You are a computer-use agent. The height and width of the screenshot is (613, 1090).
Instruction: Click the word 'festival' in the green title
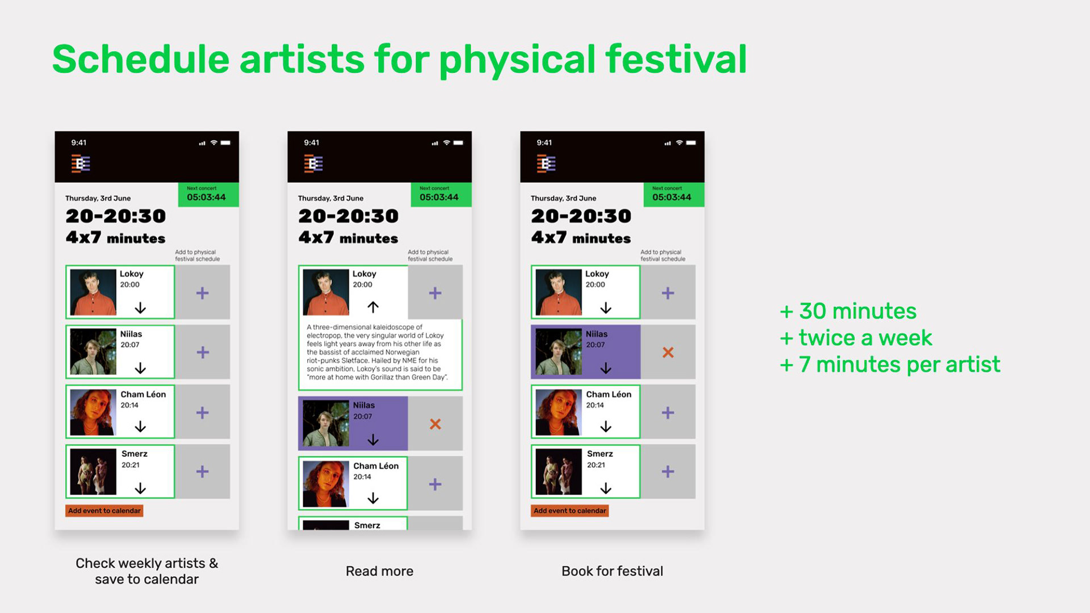click(x=676, y=59)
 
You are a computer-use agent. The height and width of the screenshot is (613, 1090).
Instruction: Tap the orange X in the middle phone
click(x=435, y=424)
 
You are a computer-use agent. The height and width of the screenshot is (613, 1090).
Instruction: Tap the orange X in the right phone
click(x=668, y=352)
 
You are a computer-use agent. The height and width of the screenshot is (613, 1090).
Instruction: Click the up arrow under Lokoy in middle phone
click(x=373, y=307)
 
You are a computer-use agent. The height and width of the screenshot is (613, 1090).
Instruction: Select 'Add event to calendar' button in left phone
click(x=104, y=511)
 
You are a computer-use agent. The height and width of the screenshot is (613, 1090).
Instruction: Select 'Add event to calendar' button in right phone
click(x=570, y=511)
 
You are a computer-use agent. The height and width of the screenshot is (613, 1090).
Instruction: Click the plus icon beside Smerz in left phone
click(x=203, y=472)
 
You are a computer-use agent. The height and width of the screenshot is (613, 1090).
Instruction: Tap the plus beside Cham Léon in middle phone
click(x=435, y=484)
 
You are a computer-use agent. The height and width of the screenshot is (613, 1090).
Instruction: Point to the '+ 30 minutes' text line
click(x=848, y=311)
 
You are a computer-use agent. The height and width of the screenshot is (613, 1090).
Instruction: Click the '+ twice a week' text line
click(x=856, y=338)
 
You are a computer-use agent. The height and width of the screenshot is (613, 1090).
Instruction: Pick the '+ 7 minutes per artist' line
click(x=890, y=365)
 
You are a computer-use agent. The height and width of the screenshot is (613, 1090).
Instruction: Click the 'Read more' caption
click(x=379, y=571)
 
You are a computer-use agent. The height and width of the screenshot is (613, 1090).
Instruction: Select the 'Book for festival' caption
click(x=612, y=571)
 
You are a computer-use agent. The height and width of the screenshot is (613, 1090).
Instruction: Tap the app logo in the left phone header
click(x=81, y=164)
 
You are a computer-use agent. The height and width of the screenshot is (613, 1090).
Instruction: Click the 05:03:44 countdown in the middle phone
click(x=439, y=198)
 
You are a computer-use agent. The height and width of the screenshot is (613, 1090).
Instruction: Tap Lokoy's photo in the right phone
click(x=559, y=292)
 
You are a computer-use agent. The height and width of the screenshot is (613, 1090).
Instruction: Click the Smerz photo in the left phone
click(x=93, y=472)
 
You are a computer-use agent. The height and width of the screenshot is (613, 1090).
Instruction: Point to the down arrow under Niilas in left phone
click(x=140, y=368)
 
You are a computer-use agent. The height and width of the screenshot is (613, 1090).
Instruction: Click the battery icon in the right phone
click(x=691, y=143)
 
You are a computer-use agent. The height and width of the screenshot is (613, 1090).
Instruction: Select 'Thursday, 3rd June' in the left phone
click(x=98, y=198)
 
